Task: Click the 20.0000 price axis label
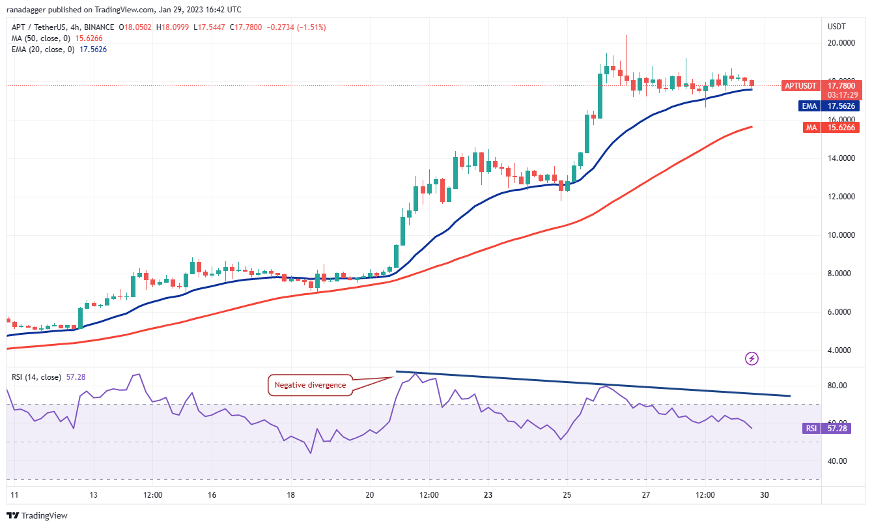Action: pyautogui.click(x=841, y=43)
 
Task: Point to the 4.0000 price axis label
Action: pyautogui.click(x=841, y=350)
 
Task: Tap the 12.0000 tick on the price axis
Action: pyautogui.click(x=841, y=197)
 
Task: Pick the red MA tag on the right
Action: pyautogui.click(x=811, y=128)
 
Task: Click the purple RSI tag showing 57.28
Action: pyautogui.click(x=811, y=429)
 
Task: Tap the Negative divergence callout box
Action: pyautogui.click(x=309, y=385)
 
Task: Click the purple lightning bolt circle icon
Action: pyautogui.click(x=752, y=358)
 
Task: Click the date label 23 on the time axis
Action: pyautogui.click(x=488, y=495)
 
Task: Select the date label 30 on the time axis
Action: pyautogui.click(x=765, y=495)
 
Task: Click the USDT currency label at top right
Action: pyautogui.click(x=836, y=27)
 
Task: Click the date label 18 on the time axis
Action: pyautogui.click(x=290, y=495)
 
